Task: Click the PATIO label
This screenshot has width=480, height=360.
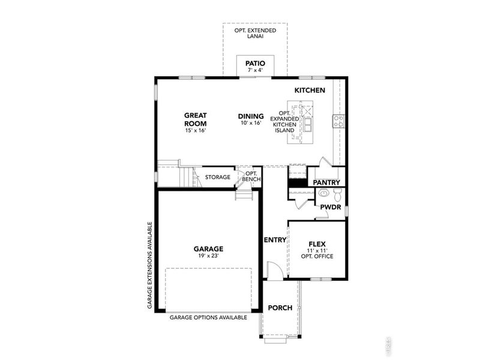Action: tap(255, 63)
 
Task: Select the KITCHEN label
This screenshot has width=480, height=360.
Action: tap(310, 90)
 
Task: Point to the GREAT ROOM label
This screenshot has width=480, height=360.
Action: tap(196, 119)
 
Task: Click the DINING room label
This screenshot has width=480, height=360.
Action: tap(251, 116)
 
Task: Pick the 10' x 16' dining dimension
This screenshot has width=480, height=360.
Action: tap(251, 124)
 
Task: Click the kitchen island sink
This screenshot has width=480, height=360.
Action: tap(307, 125)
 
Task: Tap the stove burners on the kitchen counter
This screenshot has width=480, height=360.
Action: tap(338, 122)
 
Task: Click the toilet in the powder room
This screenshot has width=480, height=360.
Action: tap(337, 194)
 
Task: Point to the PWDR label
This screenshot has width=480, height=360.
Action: tap(330, 206)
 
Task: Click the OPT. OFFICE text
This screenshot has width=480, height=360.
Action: tap(317, 256)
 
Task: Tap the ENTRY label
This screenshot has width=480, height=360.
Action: tap(275, 240)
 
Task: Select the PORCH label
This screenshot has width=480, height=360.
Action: tap(280, 308)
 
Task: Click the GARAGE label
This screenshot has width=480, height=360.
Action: tap(208, 248)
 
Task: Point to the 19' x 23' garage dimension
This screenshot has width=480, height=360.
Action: tap(208, 256)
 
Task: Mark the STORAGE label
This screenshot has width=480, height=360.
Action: tap(218, 177)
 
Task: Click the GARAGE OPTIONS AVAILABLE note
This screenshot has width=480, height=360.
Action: tap(208, 317)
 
